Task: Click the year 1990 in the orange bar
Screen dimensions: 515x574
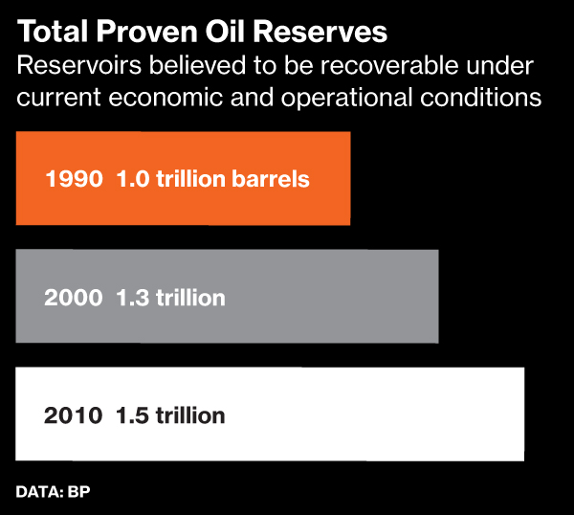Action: click(74, 178)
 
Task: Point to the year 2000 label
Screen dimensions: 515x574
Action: click(74, 297)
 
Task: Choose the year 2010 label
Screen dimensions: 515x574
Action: click(74, 415)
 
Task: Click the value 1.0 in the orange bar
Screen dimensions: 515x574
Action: click(131, 178)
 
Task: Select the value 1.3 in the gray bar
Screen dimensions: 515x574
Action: click(131, 297)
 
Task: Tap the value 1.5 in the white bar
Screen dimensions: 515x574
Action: click(131, 415)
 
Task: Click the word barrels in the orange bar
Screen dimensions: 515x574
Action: click(272, 178)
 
